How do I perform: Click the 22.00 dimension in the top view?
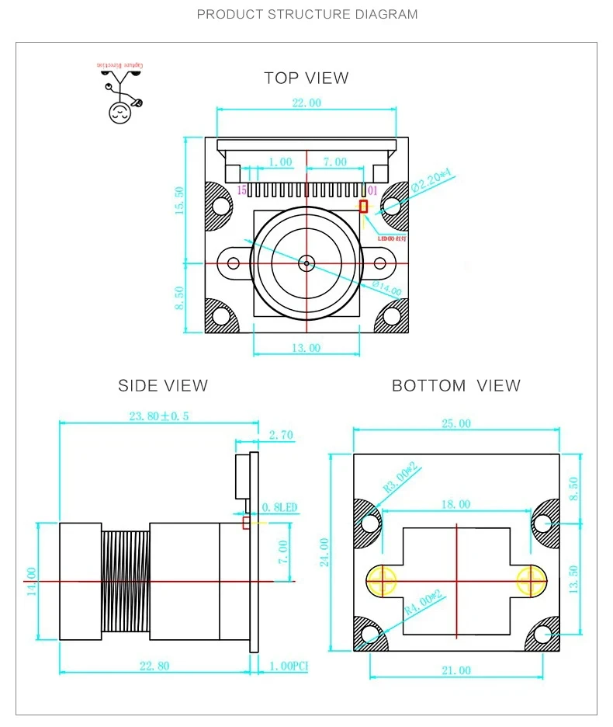(x=306, y=103)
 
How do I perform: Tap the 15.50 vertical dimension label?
(x=180, y=201)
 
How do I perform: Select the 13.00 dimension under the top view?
(x=306, y=348)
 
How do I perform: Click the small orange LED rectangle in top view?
(x=363, y=206)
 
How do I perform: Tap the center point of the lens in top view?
(x=306, y=263)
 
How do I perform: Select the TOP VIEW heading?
(x=306, y=78)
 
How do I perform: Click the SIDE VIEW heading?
(x=163, y=385)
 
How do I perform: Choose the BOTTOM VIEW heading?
(x=456, y=385)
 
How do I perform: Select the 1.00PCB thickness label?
(x=288, y=666)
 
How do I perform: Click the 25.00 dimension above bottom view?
(x=456, y=423)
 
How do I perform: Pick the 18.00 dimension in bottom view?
(x=456, y=504)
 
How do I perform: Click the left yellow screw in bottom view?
(x=382, y=580)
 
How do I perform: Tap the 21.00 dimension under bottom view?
(x=456, y=670)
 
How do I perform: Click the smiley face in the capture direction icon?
(x=119, y=112)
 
